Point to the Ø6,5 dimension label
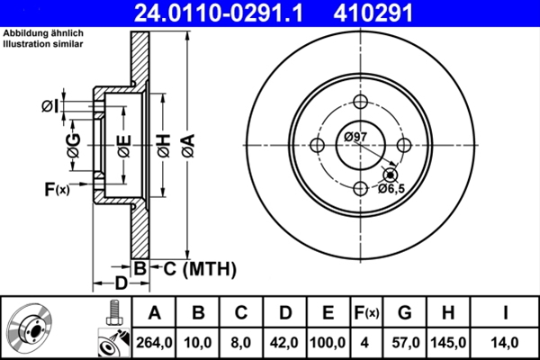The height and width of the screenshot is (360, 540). (392, 189)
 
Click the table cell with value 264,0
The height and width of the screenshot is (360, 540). (154, 343)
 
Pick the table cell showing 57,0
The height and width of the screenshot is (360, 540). (405, 343)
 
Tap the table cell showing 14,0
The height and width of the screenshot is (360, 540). (506, 343)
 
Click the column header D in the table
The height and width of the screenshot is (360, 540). (284, 313)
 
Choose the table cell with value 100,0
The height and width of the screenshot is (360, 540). (328, 343)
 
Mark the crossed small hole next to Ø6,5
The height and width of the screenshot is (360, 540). (391, 175)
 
